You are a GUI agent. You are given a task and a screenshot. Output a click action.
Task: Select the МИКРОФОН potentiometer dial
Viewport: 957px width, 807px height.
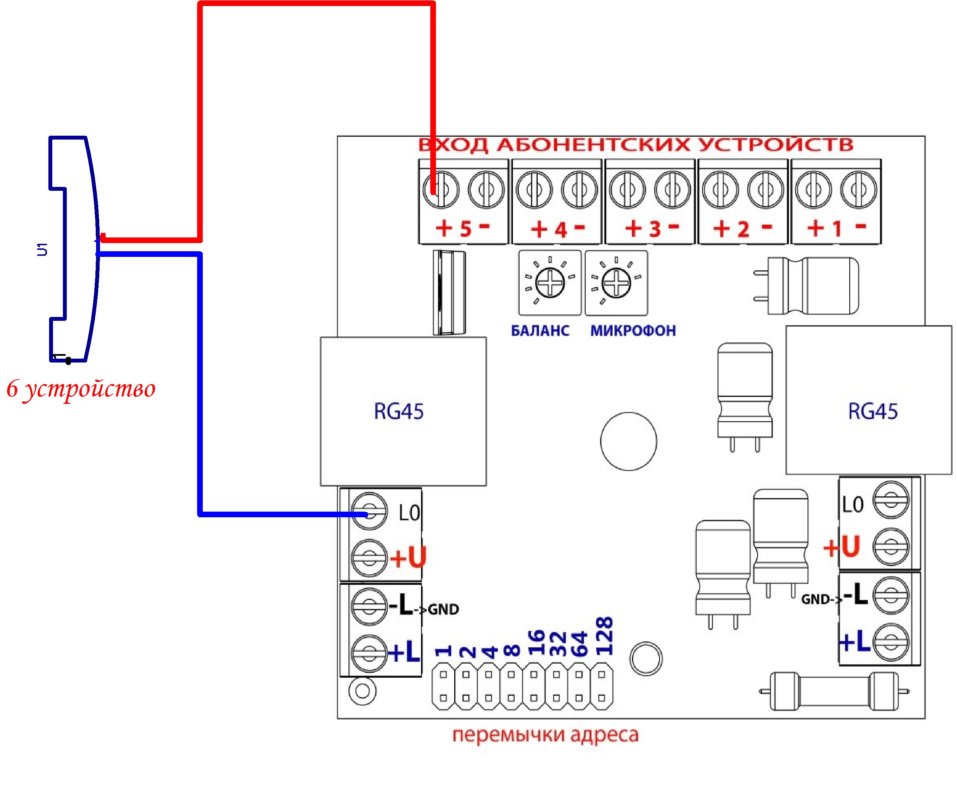point(616,283)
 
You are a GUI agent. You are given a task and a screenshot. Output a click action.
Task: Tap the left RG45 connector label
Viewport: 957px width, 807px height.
point(398,411)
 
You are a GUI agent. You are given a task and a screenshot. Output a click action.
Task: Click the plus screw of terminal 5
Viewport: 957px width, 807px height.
point(441,189)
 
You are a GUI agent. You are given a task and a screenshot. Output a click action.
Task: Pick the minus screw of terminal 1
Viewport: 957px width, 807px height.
point(858,189)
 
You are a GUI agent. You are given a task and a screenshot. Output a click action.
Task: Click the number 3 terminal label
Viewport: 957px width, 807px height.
point(655,229)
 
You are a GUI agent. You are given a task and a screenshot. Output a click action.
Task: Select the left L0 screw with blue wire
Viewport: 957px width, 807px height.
point(369,511)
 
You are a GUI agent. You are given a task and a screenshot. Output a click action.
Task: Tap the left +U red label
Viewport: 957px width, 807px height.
point(408,557)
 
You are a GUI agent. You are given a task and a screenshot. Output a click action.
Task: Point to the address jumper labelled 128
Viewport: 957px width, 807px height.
point(602,686)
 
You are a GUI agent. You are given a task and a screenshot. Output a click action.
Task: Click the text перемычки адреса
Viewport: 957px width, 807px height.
point(545,735)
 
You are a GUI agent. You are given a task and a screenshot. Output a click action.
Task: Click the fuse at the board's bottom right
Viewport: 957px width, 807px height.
point(834,691)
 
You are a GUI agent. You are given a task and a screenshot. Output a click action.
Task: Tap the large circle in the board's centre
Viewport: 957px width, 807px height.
point(628,441)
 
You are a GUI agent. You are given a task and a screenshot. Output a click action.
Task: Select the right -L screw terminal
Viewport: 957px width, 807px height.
point(890,595)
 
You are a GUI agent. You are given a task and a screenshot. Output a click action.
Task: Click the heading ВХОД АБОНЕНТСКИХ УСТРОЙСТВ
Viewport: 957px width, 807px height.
point(636,145)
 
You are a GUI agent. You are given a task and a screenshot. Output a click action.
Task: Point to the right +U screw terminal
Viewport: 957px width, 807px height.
point(890,546)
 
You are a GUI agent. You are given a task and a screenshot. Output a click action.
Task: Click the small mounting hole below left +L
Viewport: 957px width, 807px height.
point(362,691)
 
